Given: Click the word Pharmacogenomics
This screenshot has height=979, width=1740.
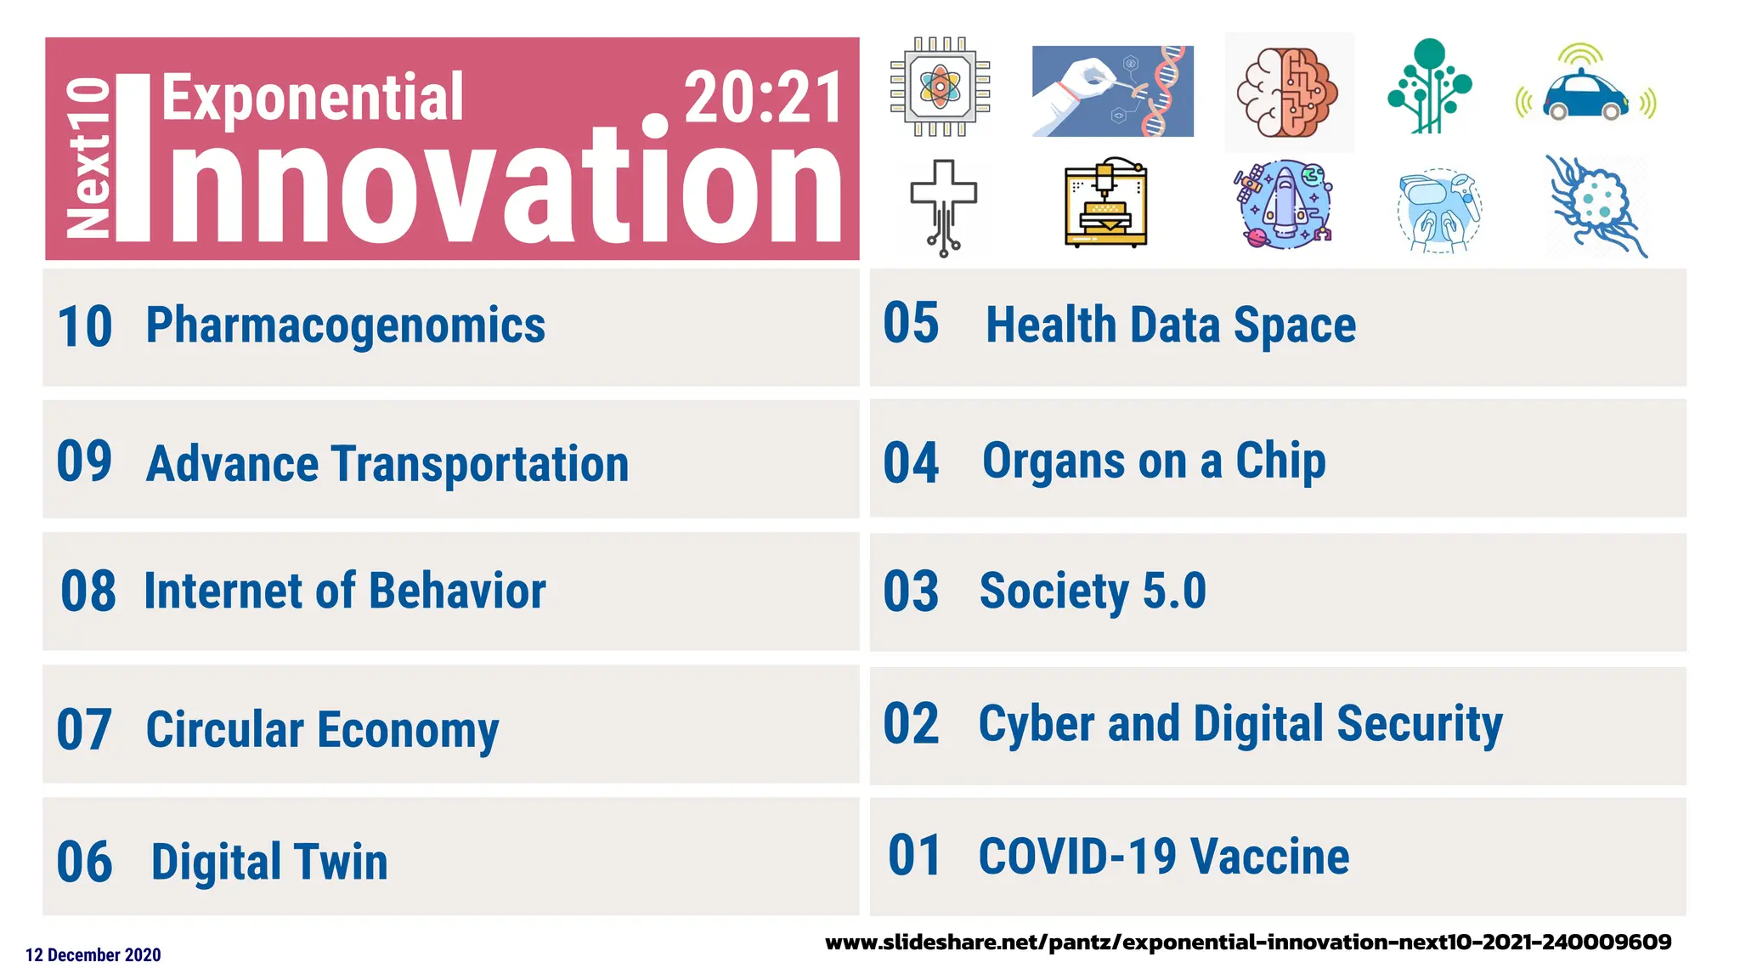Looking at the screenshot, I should pos(345,326).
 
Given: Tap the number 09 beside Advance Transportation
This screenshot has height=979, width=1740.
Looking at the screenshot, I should pos(84,461).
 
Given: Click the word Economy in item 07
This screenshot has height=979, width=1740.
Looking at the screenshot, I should pos(408,731).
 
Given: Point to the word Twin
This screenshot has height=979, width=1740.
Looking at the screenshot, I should pos(341,862).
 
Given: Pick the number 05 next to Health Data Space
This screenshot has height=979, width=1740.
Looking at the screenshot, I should pos(911,324).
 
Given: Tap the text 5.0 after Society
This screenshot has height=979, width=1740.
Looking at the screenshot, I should pos(1174,591).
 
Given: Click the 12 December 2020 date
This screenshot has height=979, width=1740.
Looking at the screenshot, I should pos(93,955).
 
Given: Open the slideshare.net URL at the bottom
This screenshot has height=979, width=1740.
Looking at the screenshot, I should pos(1247,942).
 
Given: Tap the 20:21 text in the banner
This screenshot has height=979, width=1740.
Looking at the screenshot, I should pos(762,98).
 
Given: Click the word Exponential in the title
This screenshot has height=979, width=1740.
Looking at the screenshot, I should pos(313,98).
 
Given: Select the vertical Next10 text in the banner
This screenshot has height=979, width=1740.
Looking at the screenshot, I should pos(88,157).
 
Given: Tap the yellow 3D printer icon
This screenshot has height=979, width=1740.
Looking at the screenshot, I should pos(1105,205).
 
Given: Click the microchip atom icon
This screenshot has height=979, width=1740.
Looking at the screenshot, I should pos(940,86).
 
